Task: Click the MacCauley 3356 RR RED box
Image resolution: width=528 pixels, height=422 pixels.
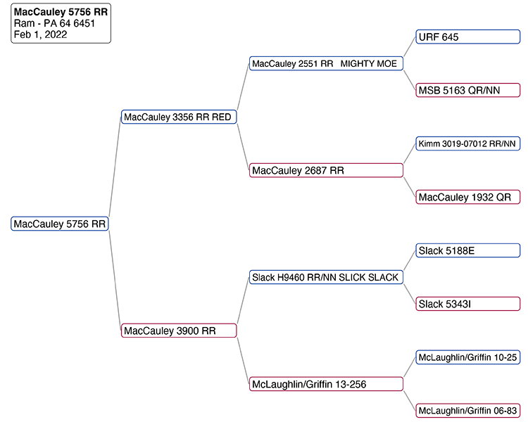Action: click(179, 117)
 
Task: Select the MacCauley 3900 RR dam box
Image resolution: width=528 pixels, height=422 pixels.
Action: click(179, 331)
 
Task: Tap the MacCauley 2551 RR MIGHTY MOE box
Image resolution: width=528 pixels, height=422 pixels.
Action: click(327, 63)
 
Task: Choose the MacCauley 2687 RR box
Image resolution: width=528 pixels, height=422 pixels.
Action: click(327, 170)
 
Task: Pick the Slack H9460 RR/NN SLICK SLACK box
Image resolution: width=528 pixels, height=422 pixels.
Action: click(327, 277)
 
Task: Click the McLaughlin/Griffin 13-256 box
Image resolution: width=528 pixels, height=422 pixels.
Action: click(327, 384)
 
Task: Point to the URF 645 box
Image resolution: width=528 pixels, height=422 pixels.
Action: click(468, 37)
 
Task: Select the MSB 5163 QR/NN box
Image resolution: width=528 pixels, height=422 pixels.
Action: click(468, 90)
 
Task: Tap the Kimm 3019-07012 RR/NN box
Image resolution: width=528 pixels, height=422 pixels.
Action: click(468, 143)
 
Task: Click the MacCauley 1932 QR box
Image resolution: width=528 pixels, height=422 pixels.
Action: click(468, 197)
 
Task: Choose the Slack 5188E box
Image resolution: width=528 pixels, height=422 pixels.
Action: click(468, 250)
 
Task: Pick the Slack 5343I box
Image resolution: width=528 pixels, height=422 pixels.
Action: click(468, 304)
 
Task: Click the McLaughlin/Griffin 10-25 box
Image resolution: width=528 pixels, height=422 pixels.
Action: click(468, 357)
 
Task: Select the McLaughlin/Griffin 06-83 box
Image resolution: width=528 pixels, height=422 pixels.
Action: click(468, 410)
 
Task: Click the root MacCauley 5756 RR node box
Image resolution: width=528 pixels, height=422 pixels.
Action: click(60, 224)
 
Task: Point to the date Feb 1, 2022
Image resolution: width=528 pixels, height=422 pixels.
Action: click(40, 34)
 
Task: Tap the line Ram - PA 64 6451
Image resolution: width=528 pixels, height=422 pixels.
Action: click(54, 23)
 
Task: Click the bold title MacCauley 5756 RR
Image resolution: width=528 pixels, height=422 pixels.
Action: click(61, 12)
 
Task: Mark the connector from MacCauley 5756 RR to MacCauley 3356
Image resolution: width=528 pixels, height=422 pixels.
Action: click(115, 170)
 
